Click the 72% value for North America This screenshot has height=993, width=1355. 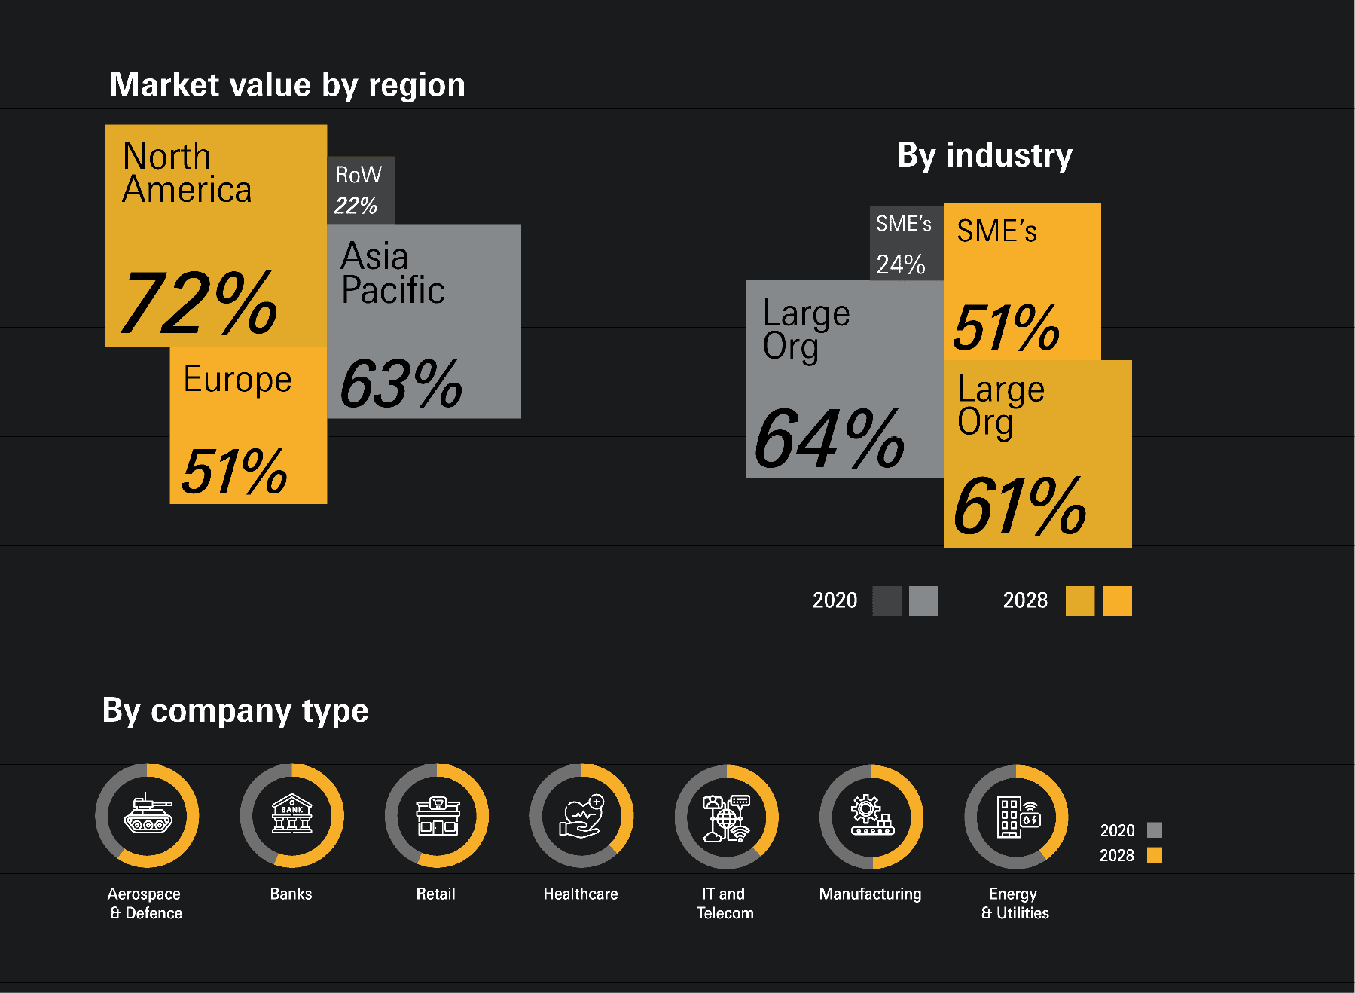pos(200,303)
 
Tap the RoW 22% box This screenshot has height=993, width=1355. pos(360,190)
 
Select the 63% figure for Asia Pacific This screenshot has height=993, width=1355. pos(401,384)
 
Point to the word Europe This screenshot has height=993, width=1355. pos(237,379)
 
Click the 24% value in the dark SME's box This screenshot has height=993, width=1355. pos(901,264)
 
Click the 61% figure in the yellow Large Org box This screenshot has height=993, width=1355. pos(1020,506)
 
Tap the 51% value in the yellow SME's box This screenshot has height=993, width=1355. pos(1006,328)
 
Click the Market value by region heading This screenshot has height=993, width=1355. pos(287,84)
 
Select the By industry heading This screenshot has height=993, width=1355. pos(984,155)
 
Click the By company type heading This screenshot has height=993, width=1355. pos(235,710)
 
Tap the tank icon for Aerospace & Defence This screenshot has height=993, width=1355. pos(148,814)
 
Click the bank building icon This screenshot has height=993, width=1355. pos(292,814)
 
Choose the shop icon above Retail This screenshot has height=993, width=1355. pos(438,816)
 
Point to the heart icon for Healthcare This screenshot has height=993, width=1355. pos(581,817)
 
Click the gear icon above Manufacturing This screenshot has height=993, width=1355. pos(871,816)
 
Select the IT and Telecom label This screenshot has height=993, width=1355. pos(725,903)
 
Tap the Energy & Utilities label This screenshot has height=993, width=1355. pos(1015,903)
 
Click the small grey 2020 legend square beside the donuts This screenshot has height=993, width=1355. pos(1155,830)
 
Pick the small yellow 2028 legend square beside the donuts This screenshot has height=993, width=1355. pos(1155,855)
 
